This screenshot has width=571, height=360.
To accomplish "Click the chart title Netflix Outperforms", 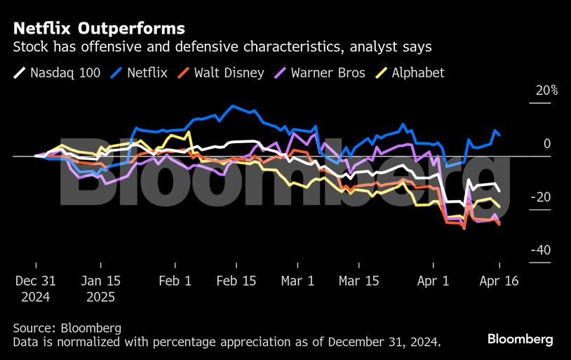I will (x=99, y=29).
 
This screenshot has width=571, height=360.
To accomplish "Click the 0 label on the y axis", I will (x=547, y=144).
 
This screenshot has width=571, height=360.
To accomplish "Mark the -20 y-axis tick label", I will (x=542, y=198).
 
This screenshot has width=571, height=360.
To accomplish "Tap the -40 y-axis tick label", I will (x=542, y=251).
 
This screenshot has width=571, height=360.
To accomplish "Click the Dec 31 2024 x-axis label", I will (x=35, y=288).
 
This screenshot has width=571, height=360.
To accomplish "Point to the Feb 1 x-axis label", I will (x=175, y=281).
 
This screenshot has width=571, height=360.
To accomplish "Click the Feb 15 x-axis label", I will (x=237, y=281).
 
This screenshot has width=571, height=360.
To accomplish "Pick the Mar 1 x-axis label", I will (x=298, y=281).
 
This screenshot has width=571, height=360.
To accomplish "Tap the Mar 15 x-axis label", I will (x=359, y=281).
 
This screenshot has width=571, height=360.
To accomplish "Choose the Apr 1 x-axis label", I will (x=435, y=281).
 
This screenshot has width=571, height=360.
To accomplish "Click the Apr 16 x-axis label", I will (x=499, y=281).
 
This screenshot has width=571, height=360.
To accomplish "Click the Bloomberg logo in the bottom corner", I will (x=520, y=339).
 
